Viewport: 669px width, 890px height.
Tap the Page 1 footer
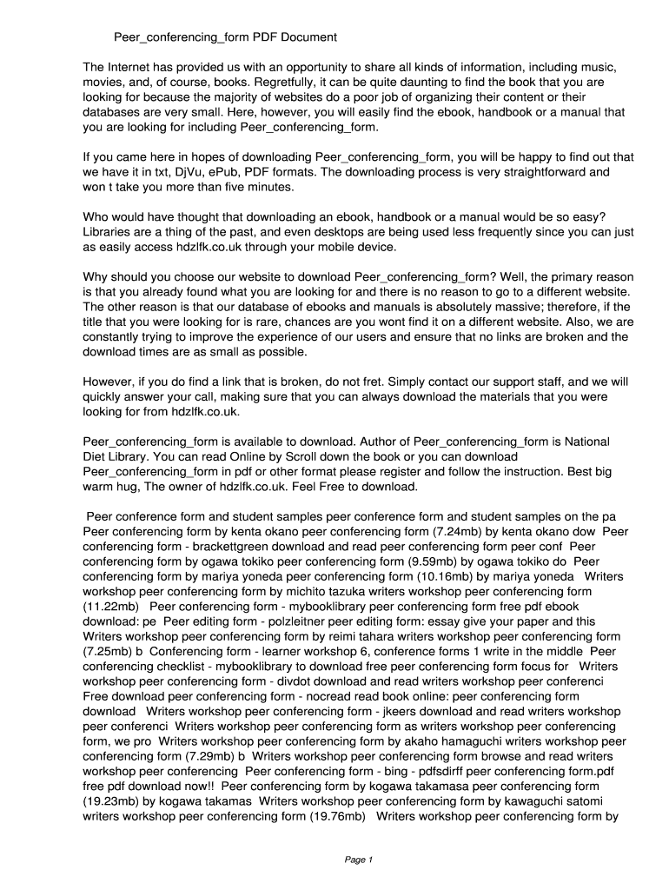point(358,860)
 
